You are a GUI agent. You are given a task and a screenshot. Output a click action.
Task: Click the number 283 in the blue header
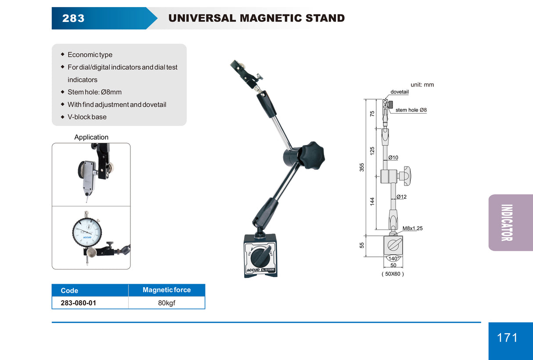(x=73, y=18)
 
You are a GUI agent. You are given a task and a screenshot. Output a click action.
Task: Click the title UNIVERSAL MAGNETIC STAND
(x=256, y=18)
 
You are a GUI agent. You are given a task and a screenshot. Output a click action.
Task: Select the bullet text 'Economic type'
(x=90, y=55)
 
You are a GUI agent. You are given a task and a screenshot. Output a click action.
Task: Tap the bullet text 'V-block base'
(x=87, y=117)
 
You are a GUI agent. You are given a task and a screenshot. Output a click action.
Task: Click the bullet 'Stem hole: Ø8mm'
(x=94, y=92)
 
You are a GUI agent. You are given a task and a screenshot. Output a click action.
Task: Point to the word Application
(x=91, y=137)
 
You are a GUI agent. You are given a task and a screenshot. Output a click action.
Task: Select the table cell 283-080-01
(x=78, y=303)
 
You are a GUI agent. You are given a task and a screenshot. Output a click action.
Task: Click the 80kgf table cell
(x=167, y=303)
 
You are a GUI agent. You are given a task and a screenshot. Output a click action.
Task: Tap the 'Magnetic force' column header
(x=167, y=290)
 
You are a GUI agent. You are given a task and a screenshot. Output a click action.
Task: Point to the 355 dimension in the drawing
(x=362, y=167)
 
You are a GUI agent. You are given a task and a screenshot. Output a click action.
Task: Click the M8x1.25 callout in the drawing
(x=412, y=228)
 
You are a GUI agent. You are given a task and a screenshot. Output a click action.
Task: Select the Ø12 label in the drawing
(x=401, y=197)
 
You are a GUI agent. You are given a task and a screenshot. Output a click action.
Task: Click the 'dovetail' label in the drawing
(x=400, y=92)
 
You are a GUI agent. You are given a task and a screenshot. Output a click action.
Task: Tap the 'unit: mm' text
(x=422, y=84)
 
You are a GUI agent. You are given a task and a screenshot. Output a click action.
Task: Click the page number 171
(x=507, y=338)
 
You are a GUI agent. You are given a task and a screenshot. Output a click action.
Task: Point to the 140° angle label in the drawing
(x=393, y=259)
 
